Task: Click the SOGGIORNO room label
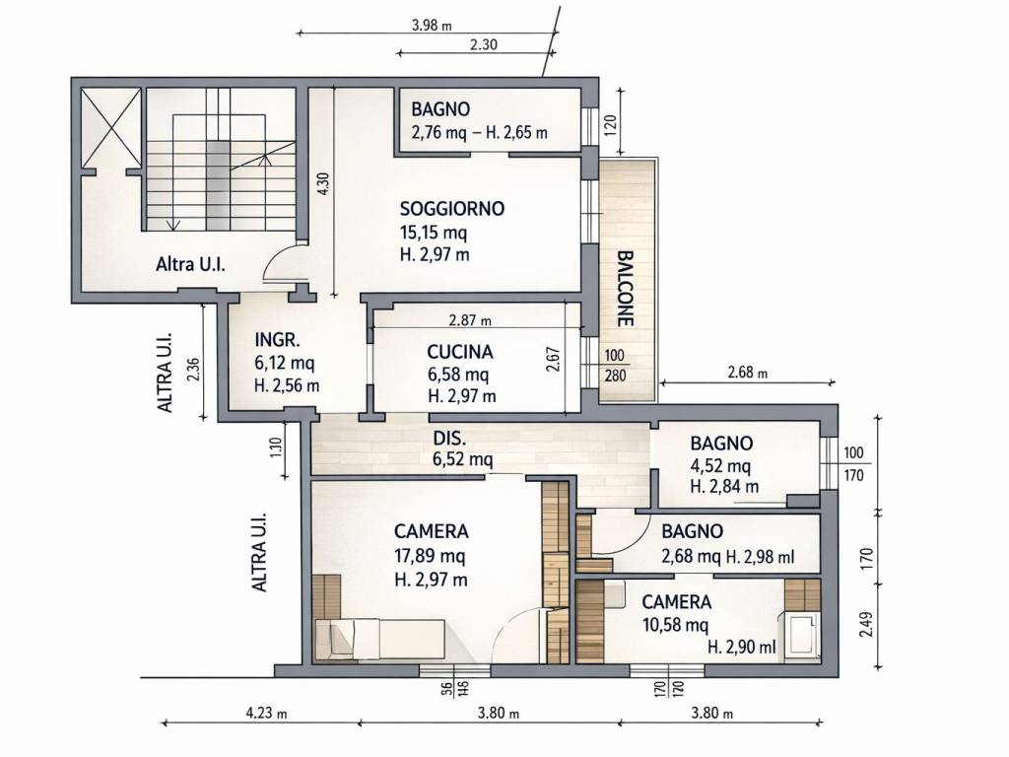[x=451, y=209]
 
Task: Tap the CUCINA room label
[x=460, y=352]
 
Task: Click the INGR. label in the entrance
[x=277, y=340]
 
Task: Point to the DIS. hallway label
[x=449, y=439]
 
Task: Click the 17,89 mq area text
[x=430, y=556]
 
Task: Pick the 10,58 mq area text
[x=675, y=624]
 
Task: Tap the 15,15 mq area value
[x=434, y=232]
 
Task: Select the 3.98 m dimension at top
[x=432, y=25]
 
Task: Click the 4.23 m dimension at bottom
[x=266, y=713]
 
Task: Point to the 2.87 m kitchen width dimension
[x=470, y=320]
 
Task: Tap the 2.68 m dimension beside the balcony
[x=747, y=372]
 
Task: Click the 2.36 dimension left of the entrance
[x=194, y=369]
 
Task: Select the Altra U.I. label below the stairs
[x=190, y=264]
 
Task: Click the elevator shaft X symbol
[x=110, y=127]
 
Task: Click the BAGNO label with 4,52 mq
[x=721, y=443]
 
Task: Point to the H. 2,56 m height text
[x=287, y=385]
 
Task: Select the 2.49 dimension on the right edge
[x=866, y=625]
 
